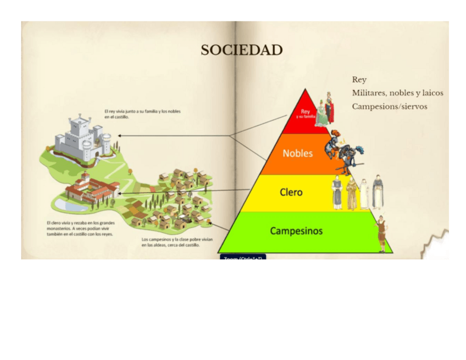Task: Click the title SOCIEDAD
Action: click(x=241, y=51)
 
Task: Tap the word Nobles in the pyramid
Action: click(x=297, y=153)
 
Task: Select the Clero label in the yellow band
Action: click(x=291, y=192)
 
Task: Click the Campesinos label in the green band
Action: click(x=296, y=231)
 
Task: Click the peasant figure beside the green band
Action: click(x=381, y=233)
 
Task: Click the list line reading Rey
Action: click(x=359, y=80)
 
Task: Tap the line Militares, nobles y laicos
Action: click(x=397, y=93)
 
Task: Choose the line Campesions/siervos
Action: click(x=389, y=106)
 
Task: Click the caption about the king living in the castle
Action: click(x=142, y=114)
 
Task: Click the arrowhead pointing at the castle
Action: click(x=120, y=135)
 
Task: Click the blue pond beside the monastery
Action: click(x=64, y=205)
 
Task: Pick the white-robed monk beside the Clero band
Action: click(x=364, y=194)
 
